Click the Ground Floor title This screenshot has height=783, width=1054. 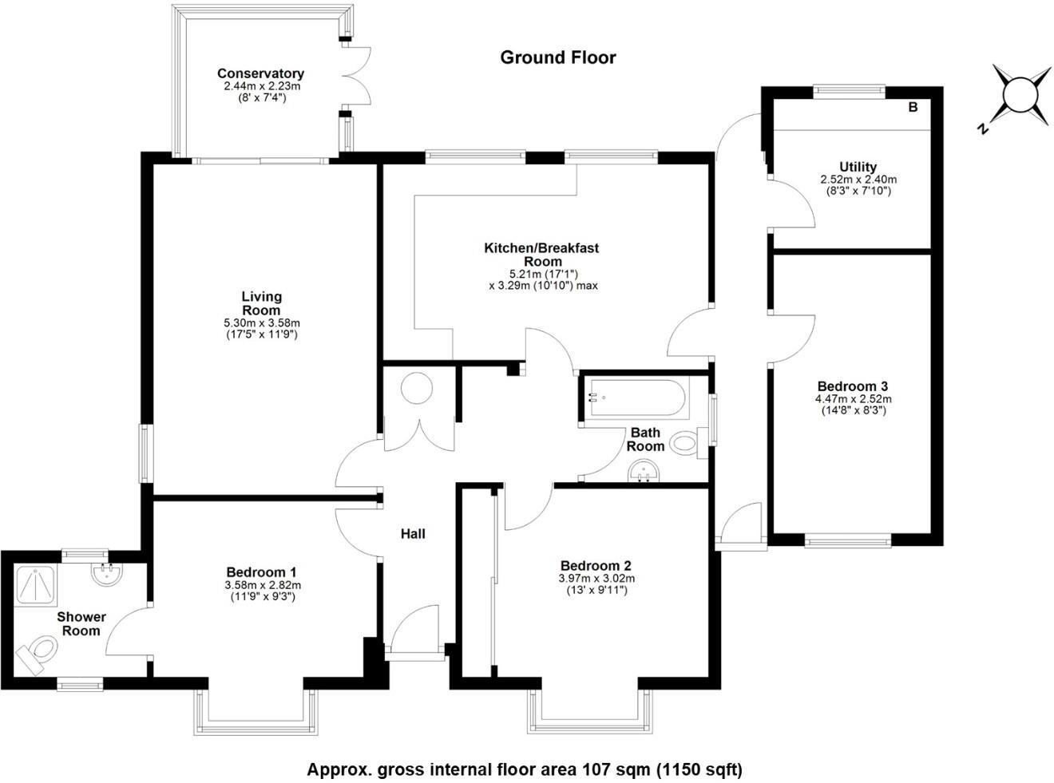558,57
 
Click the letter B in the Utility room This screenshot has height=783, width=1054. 913,107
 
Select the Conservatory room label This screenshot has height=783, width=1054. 260,74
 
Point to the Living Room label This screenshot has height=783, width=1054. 262,303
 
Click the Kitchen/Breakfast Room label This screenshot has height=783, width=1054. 541,255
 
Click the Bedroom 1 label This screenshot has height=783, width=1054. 262,572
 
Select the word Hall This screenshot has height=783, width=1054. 413,534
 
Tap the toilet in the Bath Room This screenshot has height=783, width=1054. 685,442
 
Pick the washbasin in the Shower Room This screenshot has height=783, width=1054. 106,573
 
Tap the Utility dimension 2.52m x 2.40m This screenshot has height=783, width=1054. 858,180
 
